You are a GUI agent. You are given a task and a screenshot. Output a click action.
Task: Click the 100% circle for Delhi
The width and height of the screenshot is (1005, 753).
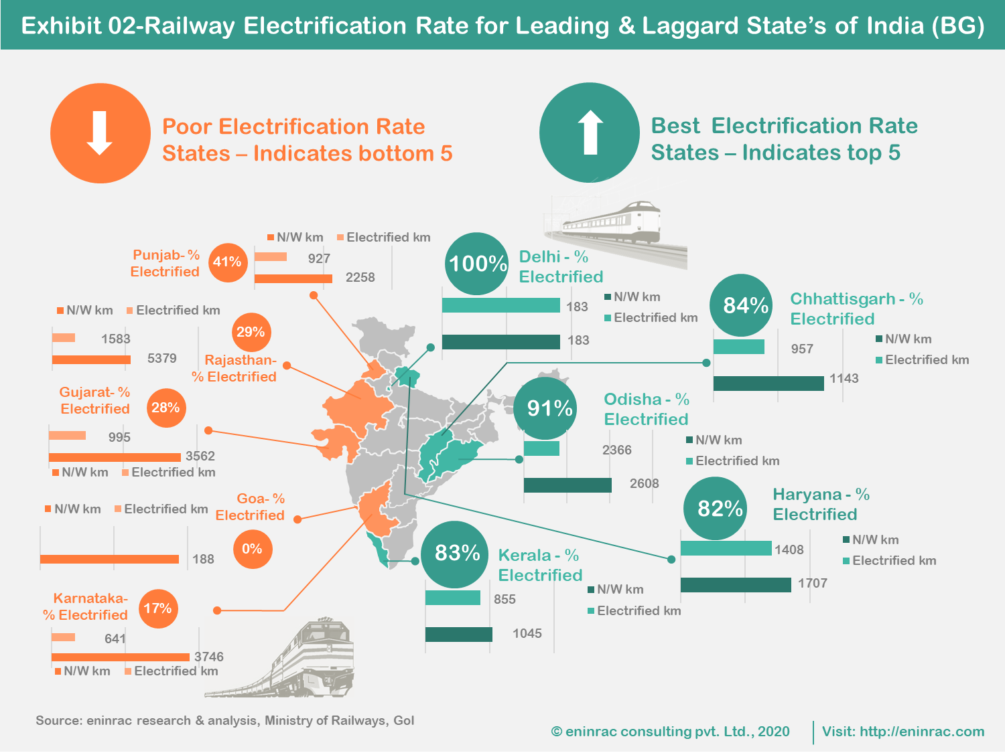coord(477,264)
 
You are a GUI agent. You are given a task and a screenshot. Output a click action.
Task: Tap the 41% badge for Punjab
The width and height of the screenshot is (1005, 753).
coord(228,262)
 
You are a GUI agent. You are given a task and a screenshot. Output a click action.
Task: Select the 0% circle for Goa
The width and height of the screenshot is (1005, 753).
coord(253,550)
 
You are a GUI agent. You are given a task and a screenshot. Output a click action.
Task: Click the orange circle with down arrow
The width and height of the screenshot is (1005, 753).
coord(100,133)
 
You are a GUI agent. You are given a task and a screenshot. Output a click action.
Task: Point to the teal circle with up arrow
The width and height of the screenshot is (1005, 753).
coord(590,133)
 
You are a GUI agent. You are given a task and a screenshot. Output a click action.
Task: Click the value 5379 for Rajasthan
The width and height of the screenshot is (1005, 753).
coord(162,359)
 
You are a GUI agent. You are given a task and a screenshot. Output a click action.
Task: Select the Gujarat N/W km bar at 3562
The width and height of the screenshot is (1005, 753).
coord(115,457)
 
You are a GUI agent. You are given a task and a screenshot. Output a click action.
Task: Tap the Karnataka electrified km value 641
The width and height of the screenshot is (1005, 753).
coord(115,639)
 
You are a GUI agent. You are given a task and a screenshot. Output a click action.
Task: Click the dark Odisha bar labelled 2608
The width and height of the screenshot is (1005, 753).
coord(567,485)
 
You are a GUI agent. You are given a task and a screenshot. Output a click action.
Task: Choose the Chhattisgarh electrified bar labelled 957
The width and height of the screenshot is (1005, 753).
coord(738,347)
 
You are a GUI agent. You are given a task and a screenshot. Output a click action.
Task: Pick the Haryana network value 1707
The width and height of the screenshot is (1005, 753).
coord(812,584)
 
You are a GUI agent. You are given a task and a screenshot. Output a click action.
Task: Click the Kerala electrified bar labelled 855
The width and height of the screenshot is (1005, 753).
coord(453,598)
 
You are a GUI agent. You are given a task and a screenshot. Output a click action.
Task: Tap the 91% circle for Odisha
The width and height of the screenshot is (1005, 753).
coord(549,408)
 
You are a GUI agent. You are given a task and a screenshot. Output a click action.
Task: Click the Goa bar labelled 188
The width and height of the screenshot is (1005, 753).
coord(109,559)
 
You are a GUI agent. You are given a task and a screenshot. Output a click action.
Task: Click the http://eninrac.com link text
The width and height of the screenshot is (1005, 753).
coord(922,732)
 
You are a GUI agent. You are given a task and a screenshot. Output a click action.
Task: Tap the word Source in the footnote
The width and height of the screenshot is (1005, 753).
coord(58,721)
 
